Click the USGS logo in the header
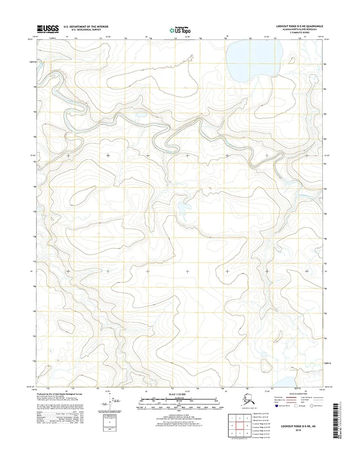[x=47, y=28]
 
